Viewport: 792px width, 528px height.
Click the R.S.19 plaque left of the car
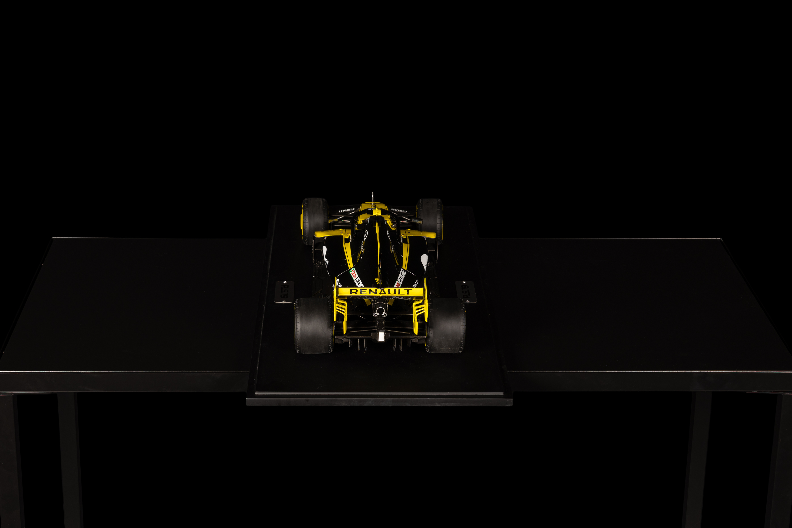[285, 292]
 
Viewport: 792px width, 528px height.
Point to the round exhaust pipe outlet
[380, 311]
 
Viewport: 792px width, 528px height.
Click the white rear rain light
[381, 336]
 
